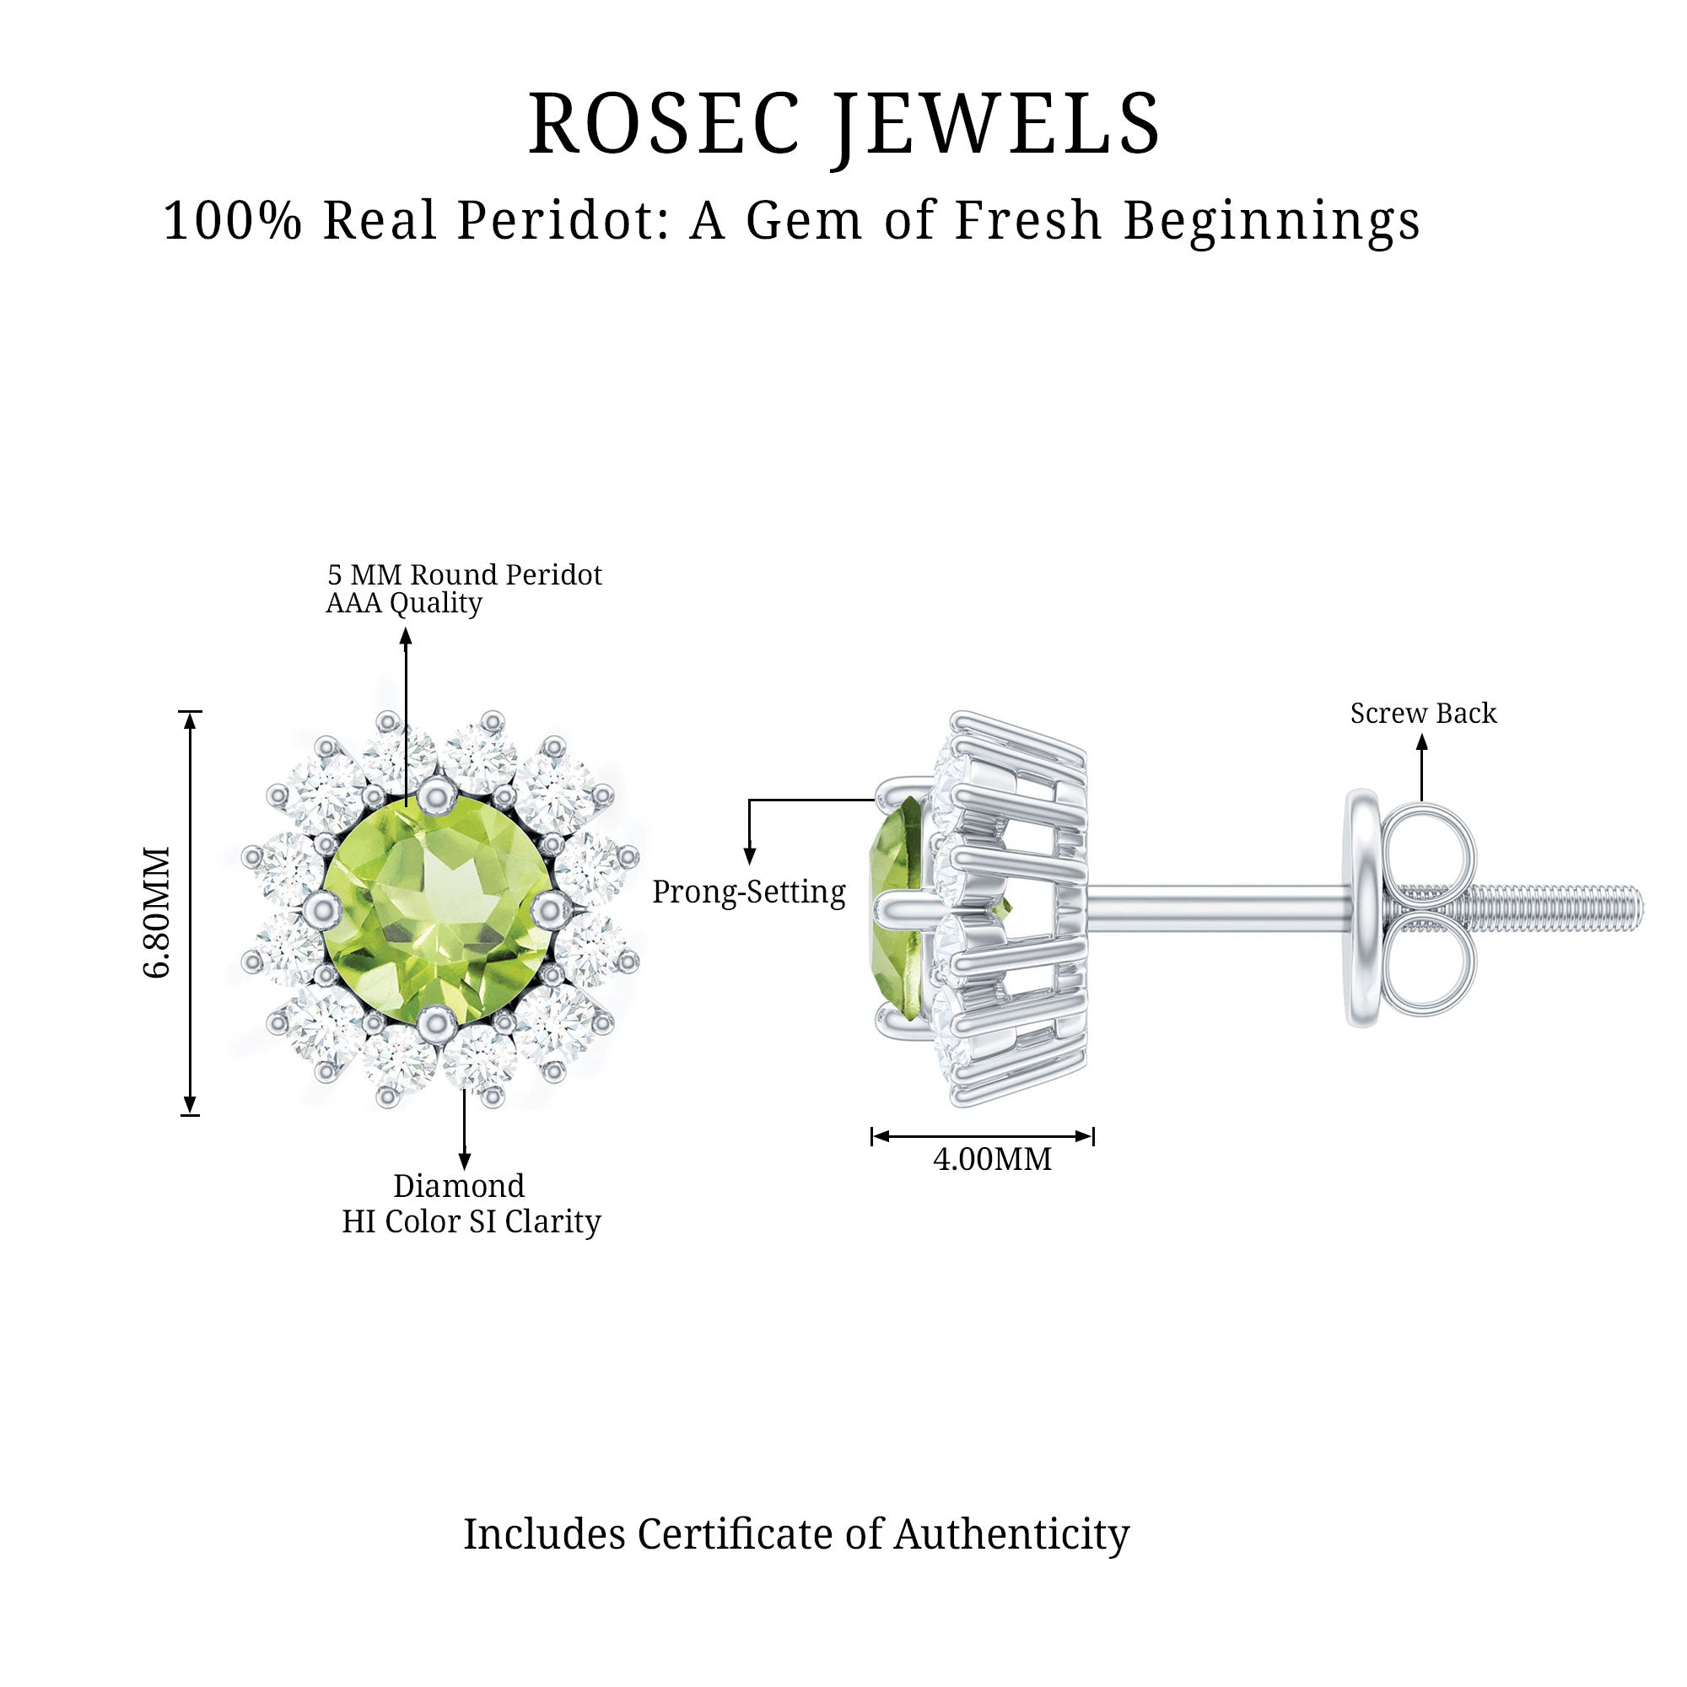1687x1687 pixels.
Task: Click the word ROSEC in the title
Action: click(664, 124)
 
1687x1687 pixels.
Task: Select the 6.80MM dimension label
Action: click(157, 912)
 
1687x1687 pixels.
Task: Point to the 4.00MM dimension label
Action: click(992, 1160)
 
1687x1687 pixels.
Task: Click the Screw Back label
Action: click(1422, 714)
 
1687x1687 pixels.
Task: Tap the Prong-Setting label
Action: click(748, 892)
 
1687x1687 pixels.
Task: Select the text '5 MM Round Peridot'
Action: click(465, 574)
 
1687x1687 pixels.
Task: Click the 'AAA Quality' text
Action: click(403, 602)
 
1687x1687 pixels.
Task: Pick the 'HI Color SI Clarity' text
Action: click(471, 1221)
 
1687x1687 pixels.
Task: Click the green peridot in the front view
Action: click(437, 908)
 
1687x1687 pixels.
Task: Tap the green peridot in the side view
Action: click(896, 908)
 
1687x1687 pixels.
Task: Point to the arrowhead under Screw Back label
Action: click(1421, 743)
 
